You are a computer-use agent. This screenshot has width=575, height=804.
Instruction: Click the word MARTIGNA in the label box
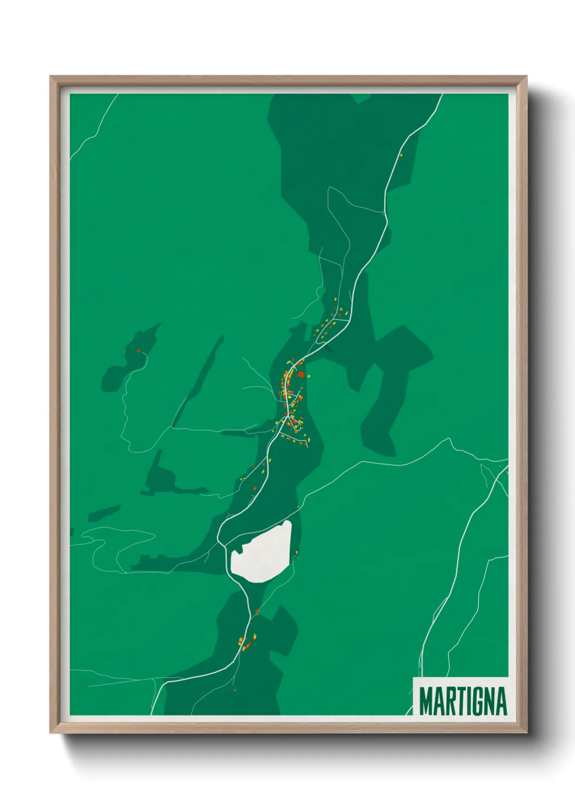(462, 701)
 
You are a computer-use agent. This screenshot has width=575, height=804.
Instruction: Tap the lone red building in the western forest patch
(139, 351)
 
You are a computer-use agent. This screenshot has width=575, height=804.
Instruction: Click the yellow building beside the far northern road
(401, 155)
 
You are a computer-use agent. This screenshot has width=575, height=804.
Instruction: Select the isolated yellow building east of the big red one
(309, 375)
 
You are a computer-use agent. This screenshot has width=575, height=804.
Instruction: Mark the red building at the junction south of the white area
(257, 612)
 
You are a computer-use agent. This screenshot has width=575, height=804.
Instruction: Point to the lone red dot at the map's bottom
(235, 690)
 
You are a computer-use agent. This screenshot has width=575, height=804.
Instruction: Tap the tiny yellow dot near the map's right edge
(499, 466)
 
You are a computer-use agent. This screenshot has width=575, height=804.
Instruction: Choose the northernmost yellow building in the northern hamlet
(335, 299)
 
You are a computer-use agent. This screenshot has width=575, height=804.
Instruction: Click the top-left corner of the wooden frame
(51, 77)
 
